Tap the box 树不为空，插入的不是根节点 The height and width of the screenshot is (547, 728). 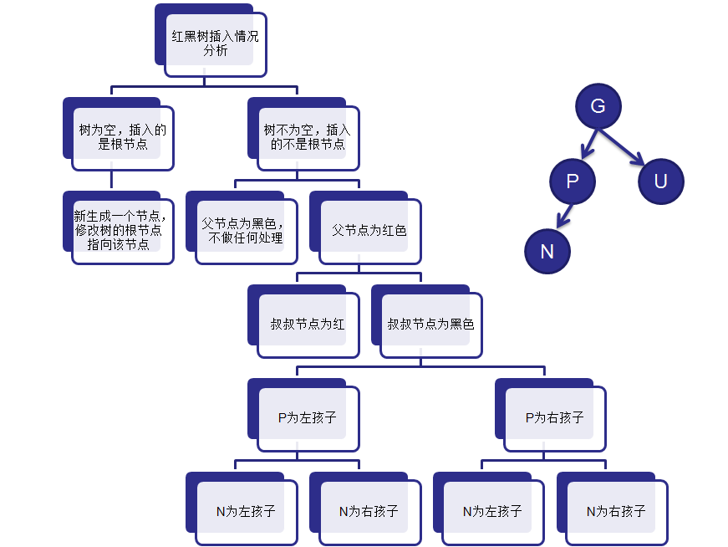click(307, 137)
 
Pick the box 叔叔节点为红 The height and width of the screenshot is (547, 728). click(308, 324)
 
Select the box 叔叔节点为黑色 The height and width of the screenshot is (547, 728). click(430, 324)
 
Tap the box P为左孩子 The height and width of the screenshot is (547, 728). click(308, 417)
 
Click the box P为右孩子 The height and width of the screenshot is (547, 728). click(554, 417)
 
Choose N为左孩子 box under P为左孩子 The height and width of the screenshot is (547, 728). click(246, 510)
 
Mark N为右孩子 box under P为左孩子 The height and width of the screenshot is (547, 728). click(369, 510)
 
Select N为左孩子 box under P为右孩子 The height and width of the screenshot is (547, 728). click(492, 510)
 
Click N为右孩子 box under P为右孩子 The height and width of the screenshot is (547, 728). click(616, 510)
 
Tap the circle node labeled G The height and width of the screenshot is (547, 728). click(598, 106)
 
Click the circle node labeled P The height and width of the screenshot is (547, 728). click(573, 181)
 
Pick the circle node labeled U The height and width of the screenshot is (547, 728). click(660, 181)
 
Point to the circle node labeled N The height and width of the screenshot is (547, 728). click(547, 251)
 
